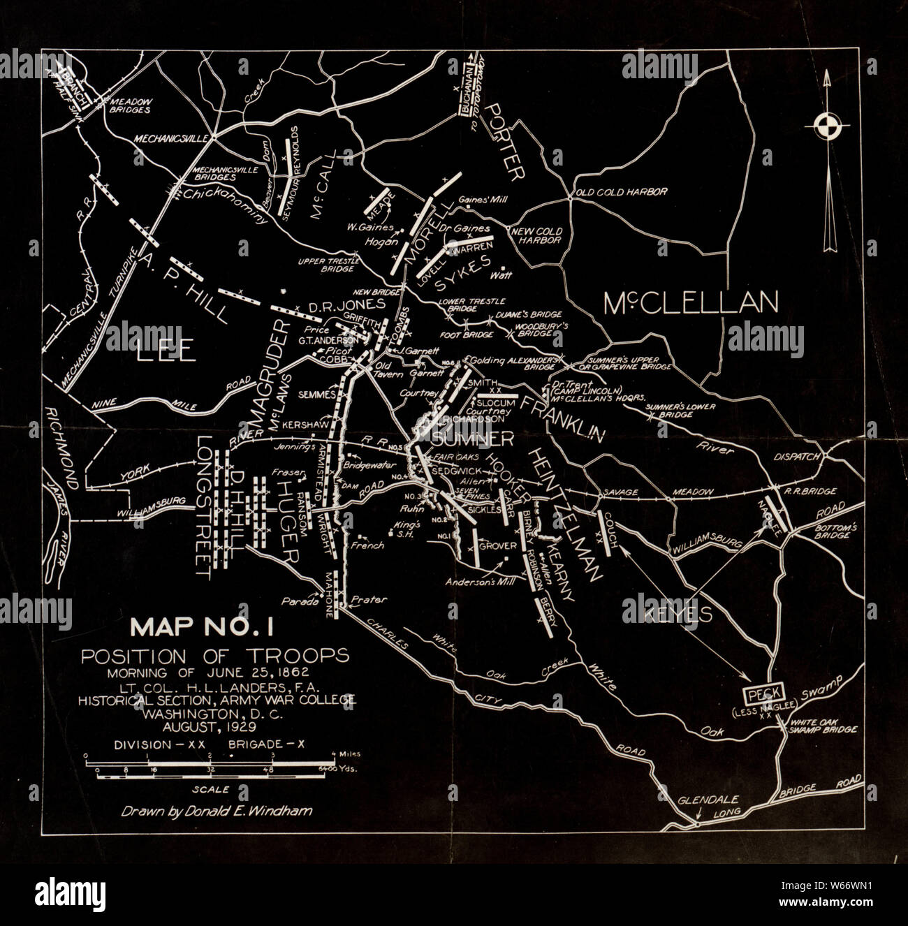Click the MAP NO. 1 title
coord(203,627)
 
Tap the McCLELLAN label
coord(690,303)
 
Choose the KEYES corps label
coord(667,614)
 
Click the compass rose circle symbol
coord(830,126)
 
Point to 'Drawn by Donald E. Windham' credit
coord(217,811)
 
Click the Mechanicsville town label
coord(172,138)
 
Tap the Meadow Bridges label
coord(130,105)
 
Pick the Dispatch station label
coord(796,457)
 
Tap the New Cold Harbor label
coord(536,235)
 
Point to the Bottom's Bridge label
coord(835,531)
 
